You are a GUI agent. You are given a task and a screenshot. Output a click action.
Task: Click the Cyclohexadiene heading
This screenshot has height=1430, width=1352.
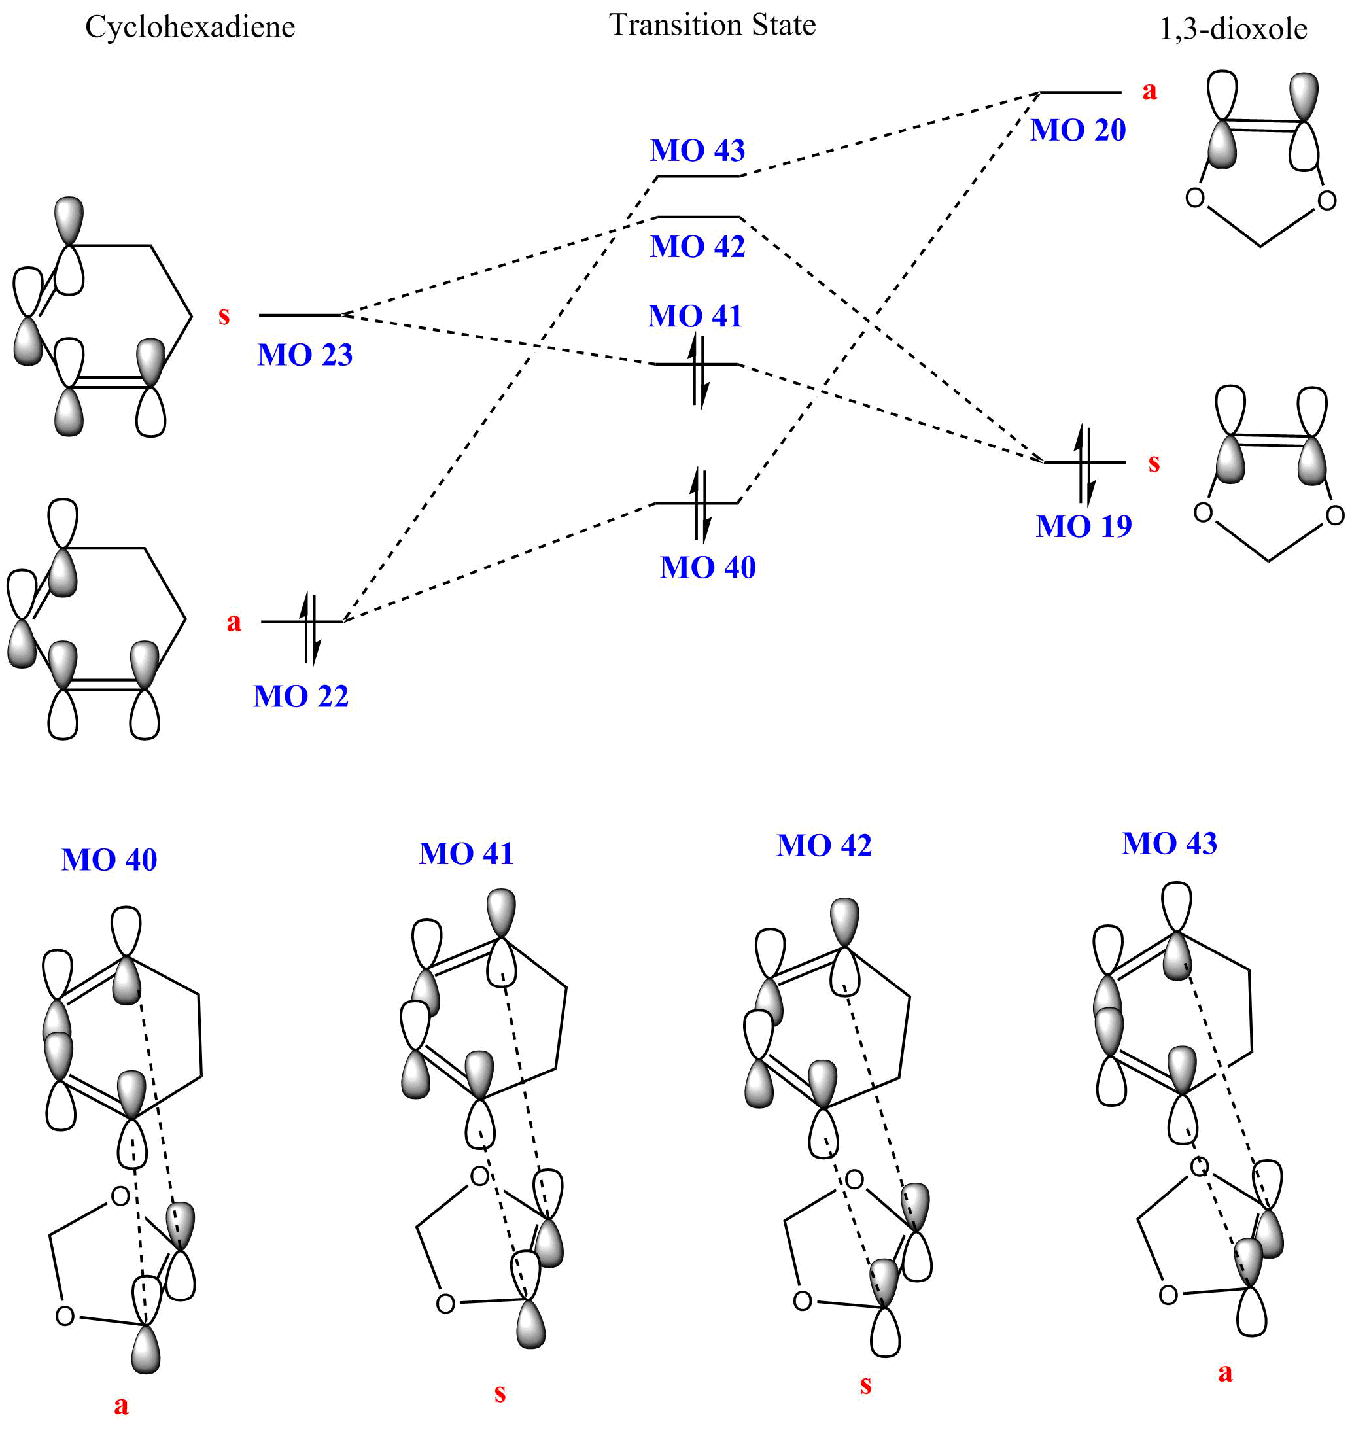point(190,27)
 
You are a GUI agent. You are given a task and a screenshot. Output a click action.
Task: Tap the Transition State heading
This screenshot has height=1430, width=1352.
point(712,26)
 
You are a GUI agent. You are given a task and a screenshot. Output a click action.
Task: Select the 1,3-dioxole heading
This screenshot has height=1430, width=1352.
point(1233,29)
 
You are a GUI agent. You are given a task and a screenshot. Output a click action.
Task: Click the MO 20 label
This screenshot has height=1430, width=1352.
point(1078,130)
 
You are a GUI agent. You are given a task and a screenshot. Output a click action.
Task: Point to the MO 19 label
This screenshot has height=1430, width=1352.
point(1084,527)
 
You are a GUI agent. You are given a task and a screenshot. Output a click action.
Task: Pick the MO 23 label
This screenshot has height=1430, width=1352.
point(305,355)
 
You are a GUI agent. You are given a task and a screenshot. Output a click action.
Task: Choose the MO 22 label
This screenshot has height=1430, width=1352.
point(302,697)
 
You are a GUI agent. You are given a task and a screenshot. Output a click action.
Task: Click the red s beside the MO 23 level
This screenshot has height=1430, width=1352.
point(224,316)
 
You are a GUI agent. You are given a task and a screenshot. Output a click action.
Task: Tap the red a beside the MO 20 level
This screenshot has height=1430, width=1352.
point(1149,91)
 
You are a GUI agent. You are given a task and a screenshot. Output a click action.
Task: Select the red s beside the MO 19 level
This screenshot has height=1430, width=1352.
point(1154,463)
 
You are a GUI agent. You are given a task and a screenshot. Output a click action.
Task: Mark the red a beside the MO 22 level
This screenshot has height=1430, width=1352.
point(234,622)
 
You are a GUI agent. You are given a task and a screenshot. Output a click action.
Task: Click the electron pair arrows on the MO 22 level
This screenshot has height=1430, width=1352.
point(309,627)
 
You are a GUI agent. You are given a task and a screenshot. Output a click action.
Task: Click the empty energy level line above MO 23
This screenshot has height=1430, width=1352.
point(300,315)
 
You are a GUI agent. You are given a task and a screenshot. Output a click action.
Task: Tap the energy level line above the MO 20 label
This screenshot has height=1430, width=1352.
point(1081,93)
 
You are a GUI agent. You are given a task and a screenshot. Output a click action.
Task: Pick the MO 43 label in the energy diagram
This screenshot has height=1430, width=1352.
point(698,150)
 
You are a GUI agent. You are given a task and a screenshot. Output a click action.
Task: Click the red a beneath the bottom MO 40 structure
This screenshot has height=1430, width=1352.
point(121,1404)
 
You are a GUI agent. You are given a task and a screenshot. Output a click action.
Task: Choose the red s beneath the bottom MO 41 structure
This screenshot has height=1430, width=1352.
point(500,1393)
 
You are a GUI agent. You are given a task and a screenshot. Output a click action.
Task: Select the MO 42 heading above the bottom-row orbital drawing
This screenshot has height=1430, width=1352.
point(823,845)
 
